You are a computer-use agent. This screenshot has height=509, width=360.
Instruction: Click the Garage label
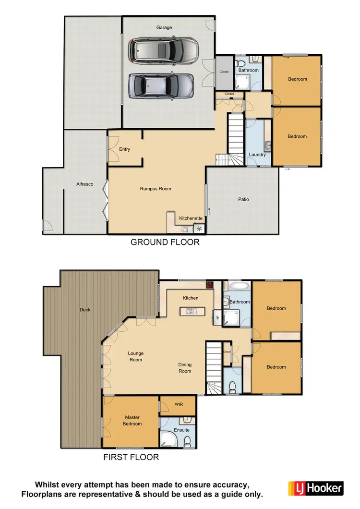coord(164,27)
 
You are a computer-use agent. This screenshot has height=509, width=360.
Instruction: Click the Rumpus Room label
coord(156,189)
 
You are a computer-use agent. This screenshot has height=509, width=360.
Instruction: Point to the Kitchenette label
coord(191,218)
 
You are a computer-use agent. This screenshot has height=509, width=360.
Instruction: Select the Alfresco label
coord(84,184)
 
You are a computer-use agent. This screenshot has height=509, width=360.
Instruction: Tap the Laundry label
coord(257,155)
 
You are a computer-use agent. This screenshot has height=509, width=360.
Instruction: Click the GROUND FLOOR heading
coord(165,242)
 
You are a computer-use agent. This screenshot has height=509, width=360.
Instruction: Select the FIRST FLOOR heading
coord(131,457)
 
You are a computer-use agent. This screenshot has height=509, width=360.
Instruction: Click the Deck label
coord(85,310)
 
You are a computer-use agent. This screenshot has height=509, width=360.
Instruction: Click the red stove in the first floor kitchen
coord(209,284)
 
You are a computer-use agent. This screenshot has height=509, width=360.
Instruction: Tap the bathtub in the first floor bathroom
coord(239,287)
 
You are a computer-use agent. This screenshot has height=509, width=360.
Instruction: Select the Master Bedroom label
coord(132,421)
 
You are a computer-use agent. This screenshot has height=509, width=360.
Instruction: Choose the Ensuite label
coord(182,430)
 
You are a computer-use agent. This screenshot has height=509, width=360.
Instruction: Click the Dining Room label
coord(185,367)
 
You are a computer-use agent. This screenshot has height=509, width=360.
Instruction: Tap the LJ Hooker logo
coord(316,488)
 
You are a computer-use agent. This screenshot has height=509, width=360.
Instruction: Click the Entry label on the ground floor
coord(124,149)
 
